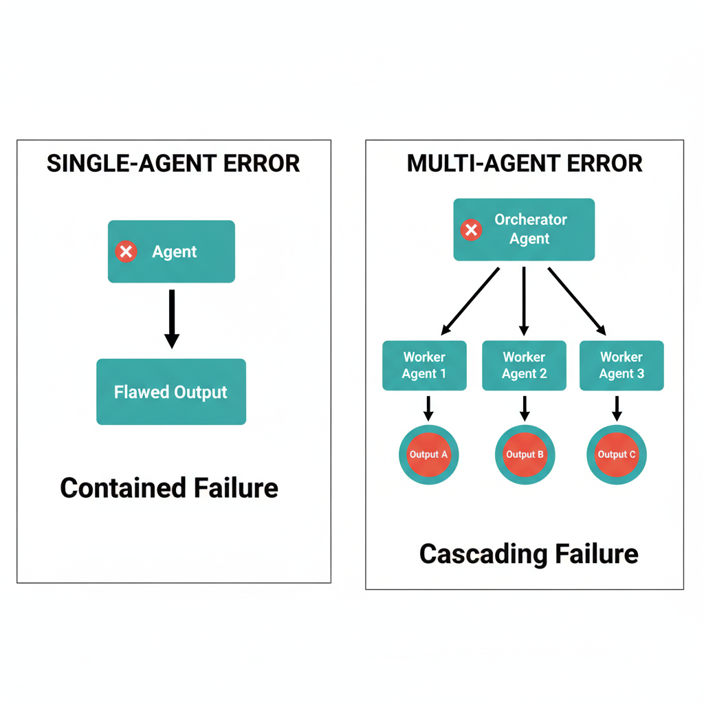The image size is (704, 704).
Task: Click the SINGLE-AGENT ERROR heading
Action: pyautogui.click(x=173, y=164)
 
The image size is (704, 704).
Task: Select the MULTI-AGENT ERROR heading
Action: pyautogui.click(x=525, y=164)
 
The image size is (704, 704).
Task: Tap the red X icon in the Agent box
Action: pyautogui.click(x=126, y=252)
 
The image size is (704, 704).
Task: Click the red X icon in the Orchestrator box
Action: pyautogui.click(x=471, y=230)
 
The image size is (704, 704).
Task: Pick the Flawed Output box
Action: pyautogui.click(x=171, y=392)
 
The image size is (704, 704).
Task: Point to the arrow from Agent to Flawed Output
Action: pyautogui.click(x=172, y=318)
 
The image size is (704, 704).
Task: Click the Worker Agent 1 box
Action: pyautogui.click(x=424, y=366)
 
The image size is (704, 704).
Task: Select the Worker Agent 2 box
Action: pyautogui.click(x=524, y=366)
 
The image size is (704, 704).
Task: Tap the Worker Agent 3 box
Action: pyautogui.click(x=621, y=366)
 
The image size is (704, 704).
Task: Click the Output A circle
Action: pyautogui.click(x=428, y=454)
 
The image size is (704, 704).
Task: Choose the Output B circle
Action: pyautogui.click(x=525, y=454)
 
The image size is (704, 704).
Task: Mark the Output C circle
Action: pyautogui.click(x=617, y=454)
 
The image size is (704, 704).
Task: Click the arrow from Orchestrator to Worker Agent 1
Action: pyautogui.click(x=472, y=300)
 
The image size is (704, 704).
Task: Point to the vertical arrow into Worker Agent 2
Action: pyautogui.click(x=524, y=300)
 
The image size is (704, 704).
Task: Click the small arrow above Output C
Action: pyautogui.click(x=617, y=408)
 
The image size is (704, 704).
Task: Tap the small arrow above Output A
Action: pyautogui.click(x=428, y=408)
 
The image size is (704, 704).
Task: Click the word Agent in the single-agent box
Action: pyautogui.click(x=175, y=252)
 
